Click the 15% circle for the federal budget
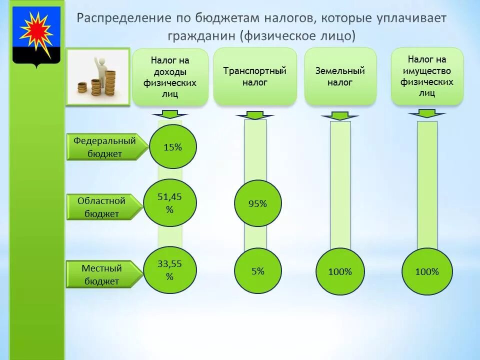(x=172, y=147)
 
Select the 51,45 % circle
(x=170, y=203)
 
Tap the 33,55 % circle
(x=170, y=270)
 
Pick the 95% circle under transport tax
(x=258, y=203)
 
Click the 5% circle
(x=258, y=271)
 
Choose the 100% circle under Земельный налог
(x=340, y=272)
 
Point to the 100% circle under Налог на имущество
(x=427, y=272)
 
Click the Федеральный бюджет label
(x=105, y=147)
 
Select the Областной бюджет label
(x=102, y=206)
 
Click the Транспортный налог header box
(x=254, y=76)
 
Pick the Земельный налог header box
(x=340, y=76)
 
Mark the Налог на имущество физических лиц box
(x=427, y=76)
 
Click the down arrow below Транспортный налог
(x=255, y=116)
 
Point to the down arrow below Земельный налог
(x=340, y=116)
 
